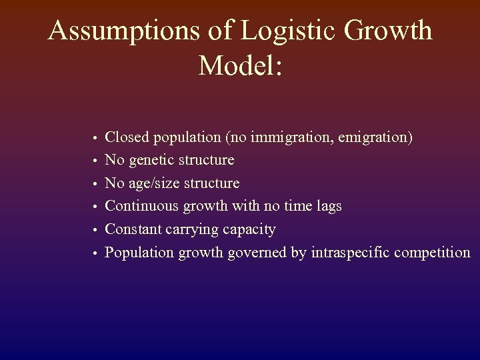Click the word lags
[x=327, y=206]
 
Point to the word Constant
[x=133, y=229]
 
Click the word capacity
[x=251, y=230]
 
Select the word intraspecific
[x=351, y=253]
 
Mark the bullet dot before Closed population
[x=95, y=139]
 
